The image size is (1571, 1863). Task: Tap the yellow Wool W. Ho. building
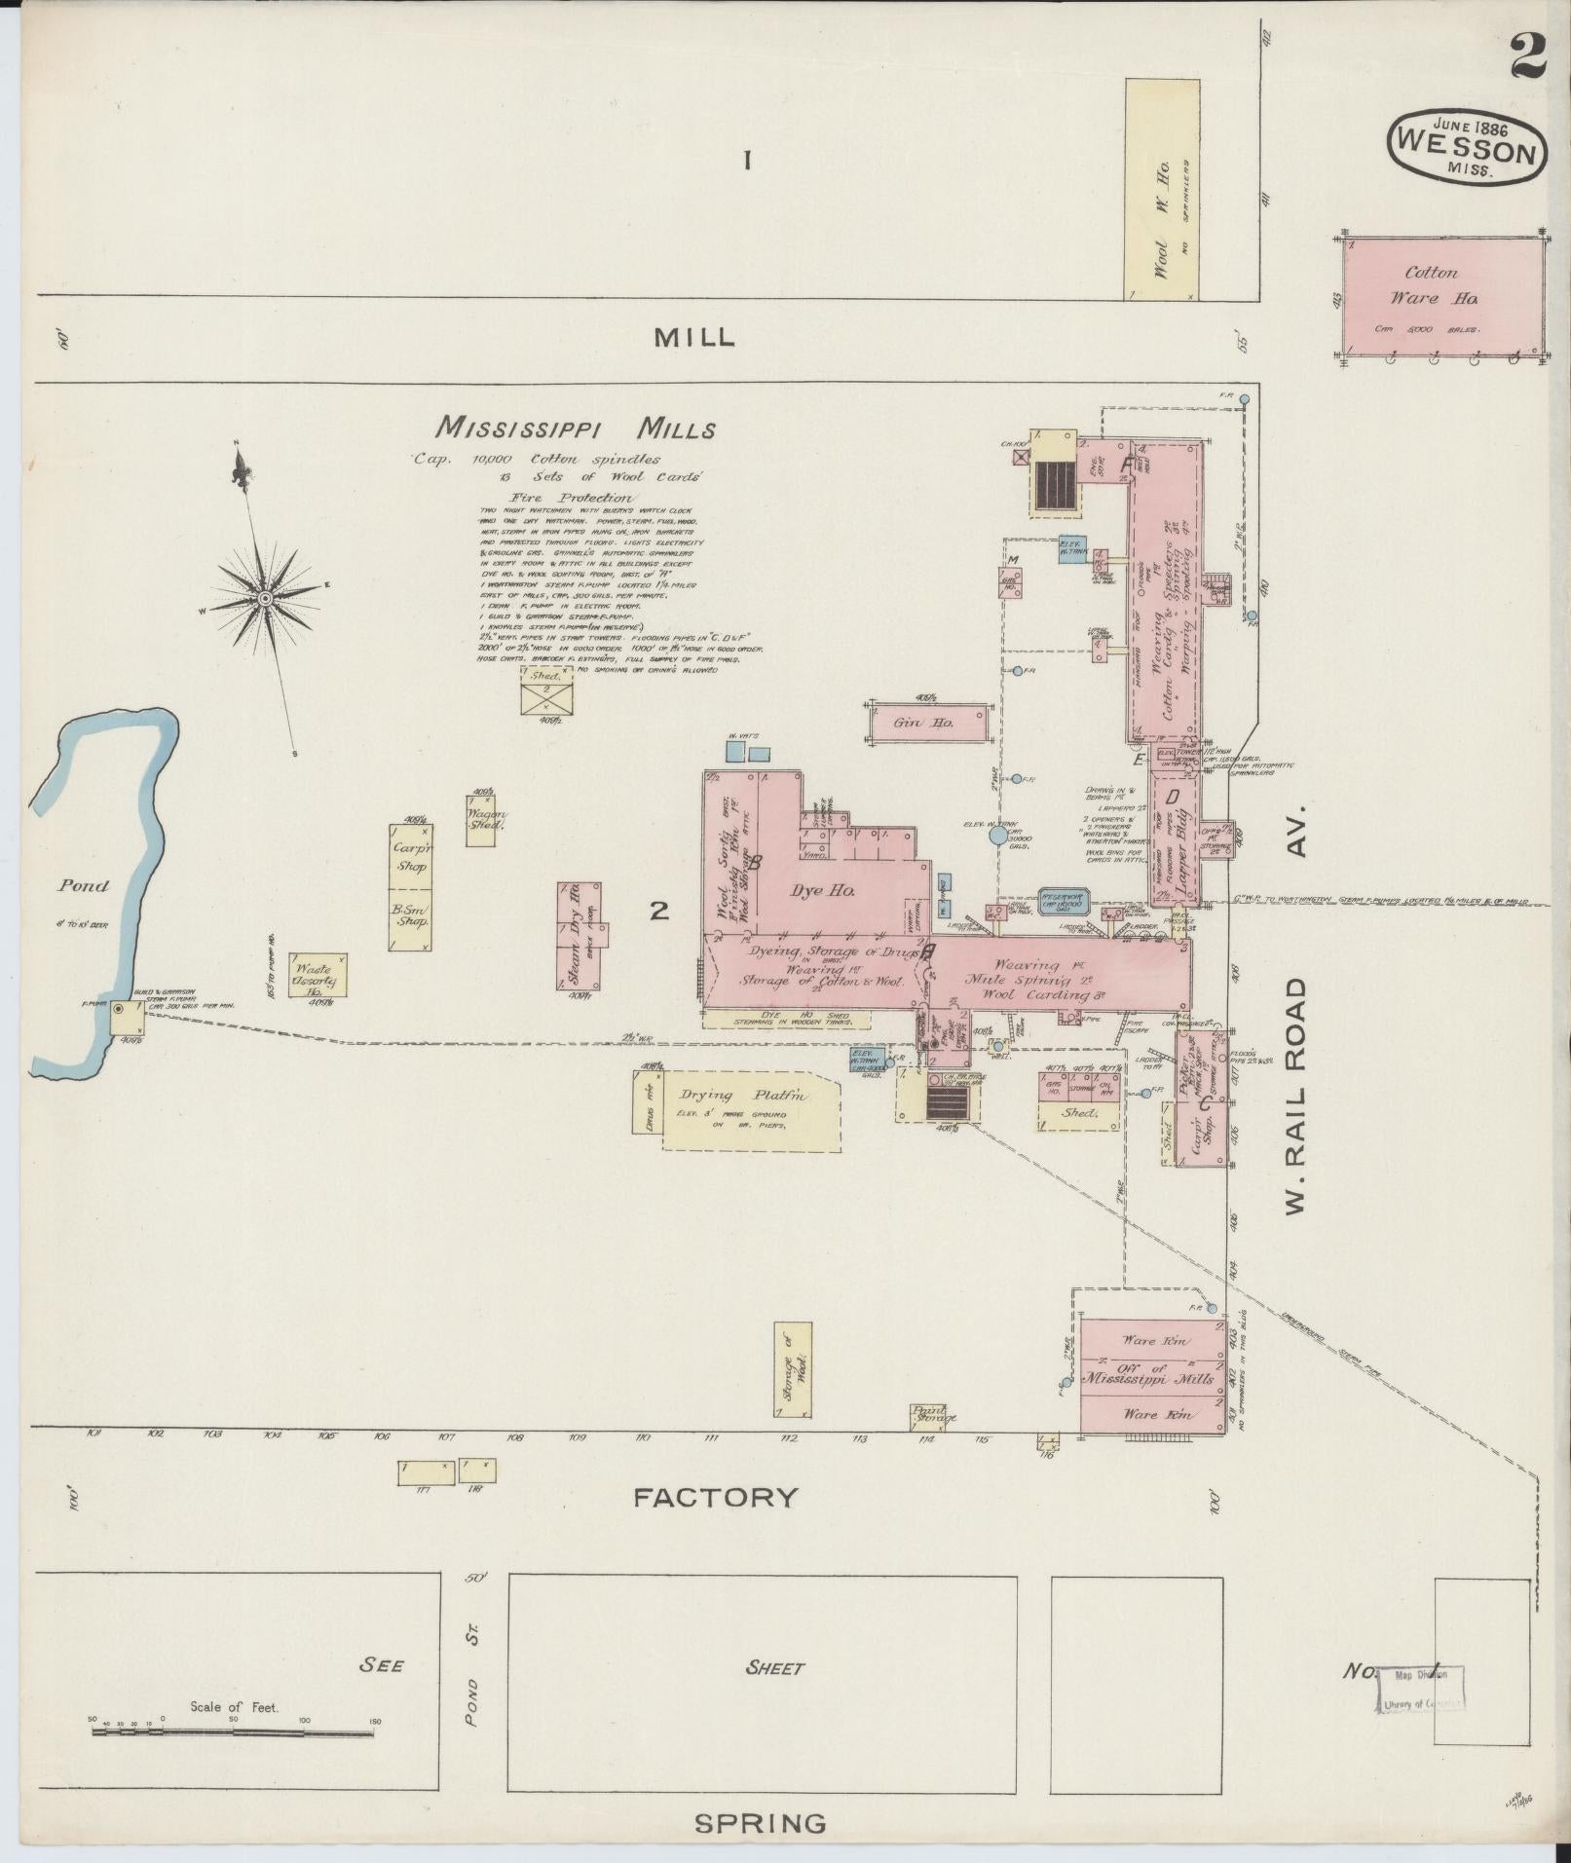click(x=1161, y=190)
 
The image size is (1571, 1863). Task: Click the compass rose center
click(x=264, y=596)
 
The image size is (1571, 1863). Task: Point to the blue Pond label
click(x=83, y=885)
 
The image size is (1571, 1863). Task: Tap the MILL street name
click(x=694, y=337)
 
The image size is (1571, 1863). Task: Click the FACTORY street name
click(x=715, y=1497)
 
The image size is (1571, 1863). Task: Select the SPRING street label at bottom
click(x=760, y=1822)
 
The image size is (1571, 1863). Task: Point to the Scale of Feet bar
click(x=234, y=1732)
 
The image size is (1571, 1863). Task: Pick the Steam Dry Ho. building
click(x=579, y=936)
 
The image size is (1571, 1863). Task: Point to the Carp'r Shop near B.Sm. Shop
click(x=411, y=856)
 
